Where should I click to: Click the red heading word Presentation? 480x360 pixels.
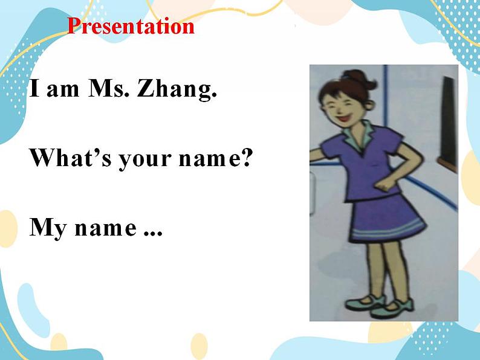[x=131, y=27]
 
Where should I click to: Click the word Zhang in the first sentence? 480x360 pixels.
[x=177, y=89]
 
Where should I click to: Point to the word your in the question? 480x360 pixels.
[x=146, y=160]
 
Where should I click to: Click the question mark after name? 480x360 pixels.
[x=246, y=158]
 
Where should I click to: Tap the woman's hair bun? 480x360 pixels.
[x=362, y=79]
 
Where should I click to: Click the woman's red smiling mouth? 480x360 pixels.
[x=344, y=117]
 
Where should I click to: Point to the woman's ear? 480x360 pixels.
[x=369, y=106]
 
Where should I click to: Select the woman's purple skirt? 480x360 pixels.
[x=387, y=219]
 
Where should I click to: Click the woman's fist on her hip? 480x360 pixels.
[x=383, y=184]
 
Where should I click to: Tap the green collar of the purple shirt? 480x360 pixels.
[x=360, y=135]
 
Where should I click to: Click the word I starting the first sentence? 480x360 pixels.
[x=34, y=88]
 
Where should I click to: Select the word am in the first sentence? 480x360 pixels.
[x=63, y=91]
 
